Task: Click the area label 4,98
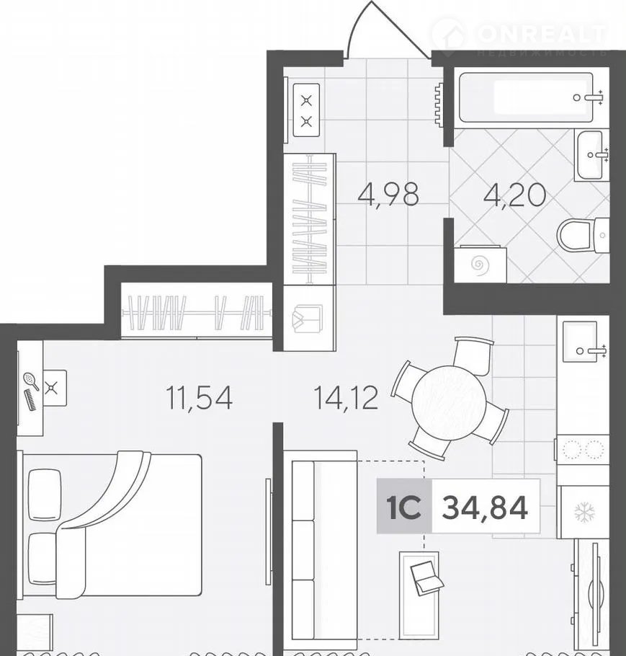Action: coord(388,195)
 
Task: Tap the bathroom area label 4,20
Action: coord(514,195)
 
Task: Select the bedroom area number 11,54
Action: coord(199,398)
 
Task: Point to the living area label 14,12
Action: coord(346,398)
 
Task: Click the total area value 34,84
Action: coord(485,507)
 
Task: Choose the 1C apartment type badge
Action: coord(404,507)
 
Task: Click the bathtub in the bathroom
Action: coord(526,97)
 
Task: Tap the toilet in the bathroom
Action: coord(583,235)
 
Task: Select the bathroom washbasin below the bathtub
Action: coord(591,155)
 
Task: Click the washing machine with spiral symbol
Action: coord(480,265)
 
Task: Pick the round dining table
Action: coord(449,402)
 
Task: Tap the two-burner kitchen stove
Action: coord(583,450)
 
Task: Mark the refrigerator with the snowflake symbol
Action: coord(583,512)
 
